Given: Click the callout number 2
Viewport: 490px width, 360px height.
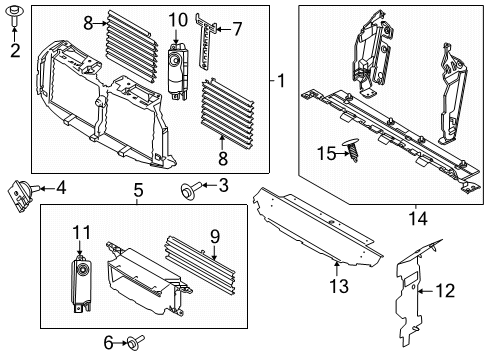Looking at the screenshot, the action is pyautogui.click(x=15, y=51).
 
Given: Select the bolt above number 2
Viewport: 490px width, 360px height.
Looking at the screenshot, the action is pyautogui.click(x=14, y=15).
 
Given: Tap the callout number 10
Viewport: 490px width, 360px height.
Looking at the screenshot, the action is pyautogui.click(x=178, y=20).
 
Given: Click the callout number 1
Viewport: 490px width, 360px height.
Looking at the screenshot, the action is pyautogui.click(x=281, y=81).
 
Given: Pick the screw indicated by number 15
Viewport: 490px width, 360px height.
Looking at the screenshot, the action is pyautogui.click(x=351, y=151).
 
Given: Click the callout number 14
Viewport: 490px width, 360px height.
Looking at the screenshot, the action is pyautogui.click(x=418, y=219).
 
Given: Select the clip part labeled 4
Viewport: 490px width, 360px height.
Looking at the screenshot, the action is pyautogui.click(x=21, y=196).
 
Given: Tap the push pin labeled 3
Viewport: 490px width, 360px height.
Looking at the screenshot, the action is pyautogui.click(x=191, y=190).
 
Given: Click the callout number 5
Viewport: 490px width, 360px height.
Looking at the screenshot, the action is pyautogui.click(x=138, y=191).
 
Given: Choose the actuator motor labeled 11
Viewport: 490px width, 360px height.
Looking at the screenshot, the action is pyautogui.click(x=81, y=284).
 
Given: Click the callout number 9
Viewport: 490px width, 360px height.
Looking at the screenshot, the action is pyautogui.click(x=215, y=236).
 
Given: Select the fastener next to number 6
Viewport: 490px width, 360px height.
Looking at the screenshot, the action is pyautogui.click(x=137, y=341).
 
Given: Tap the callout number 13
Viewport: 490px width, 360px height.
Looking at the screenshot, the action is pyautogui.click(x=339, y=286).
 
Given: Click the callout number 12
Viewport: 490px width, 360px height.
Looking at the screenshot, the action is pyautogui.click(x=445, y=291).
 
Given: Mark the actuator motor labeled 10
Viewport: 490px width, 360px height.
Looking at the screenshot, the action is pyautogui.click(x=178, y=71).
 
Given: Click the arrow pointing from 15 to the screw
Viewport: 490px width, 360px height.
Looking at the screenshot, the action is pyautogui.click(x=342, y=154).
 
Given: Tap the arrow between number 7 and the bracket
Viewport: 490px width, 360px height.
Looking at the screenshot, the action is pyautogui.click(x=223, y=30).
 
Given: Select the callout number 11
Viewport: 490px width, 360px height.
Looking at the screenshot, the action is pyautogui.click(x=81, y=232).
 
